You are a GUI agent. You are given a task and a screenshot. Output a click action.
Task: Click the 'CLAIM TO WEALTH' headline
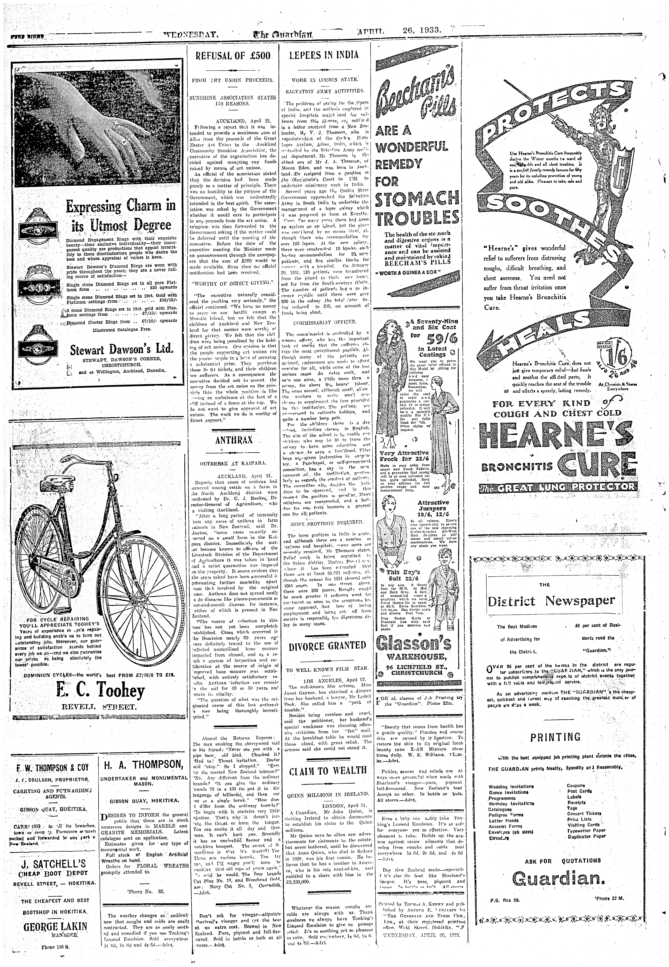point(327,770)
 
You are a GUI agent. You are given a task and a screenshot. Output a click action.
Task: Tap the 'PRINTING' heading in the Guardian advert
point(555,737)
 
